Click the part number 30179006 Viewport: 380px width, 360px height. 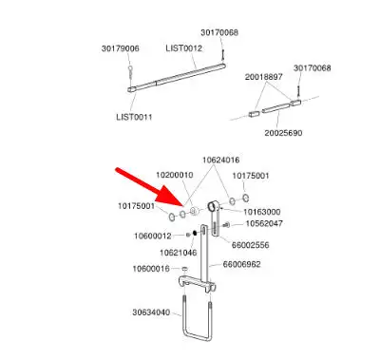121,48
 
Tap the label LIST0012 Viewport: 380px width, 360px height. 183,48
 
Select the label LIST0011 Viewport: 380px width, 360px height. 134,117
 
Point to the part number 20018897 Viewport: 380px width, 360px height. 263,77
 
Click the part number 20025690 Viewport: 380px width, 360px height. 283,133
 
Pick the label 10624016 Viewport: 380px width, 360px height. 221,161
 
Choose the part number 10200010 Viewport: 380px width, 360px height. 175,175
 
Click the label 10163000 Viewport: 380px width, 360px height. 262,212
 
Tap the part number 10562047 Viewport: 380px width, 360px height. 264,224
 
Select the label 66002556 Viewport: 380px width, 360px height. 251,245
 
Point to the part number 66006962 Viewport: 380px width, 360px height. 242,264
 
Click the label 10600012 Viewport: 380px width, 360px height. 153,237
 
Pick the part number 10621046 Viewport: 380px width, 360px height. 179,253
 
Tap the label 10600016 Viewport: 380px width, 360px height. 151,269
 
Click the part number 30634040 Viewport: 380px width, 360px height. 151,313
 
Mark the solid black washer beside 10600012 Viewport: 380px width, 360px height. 195,234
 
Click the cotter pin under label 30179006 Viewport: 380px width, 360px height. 130,74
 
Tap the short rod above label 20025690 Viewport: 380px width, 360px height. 275,107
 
